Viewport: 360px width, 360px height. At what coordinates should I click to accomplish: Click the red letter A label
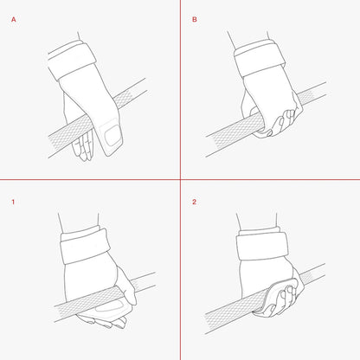14,20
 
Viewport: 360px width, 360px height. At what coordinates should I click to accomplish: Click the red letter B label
195,19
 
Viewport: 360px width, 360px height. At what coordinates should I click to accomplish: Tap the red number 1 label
13,202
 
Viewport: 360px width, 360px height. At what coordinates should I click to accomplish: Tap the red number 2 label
194,202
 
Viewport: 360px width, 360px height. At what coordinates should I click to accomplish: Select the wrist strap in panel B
260,58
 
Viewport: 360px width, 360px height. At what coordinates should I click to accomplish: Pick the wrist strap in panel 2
262,245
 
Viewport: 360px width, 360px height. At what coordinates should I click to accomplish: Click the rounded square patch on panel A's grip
112,136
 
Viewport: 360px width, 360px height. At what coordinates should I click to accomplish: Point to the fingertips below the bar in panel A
83,145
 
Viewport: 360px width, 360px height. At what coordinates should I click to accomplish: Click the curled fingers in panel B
281,123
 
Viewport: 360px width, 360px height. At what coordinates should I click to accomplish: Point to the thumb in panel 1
126,286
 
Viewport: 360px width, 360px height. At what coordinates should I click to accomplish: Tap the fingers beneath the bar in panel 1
101,321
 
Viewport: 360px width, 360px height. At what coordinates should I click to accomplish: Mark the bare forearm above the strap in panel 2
257,222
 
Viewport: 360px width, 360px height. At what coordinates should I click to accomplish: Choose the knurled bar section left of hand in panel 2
228,313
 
